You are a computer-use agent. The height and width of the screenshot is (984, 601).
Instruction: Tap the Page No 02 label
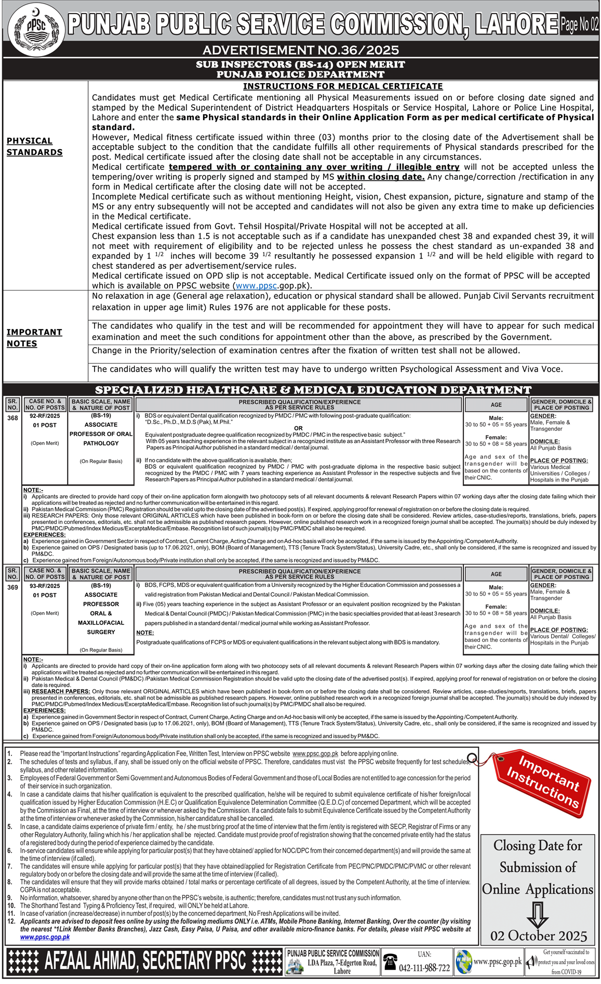[579, 24]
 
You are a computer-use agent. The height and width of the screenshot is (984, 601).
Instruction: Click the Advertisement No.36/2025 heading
[300, 50]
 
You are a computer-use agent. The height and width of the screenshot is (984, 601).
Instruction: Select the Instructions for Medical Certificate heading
[343, 86]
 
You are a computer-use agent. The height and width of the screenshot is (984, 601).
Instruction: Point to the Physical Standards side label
[34, 147]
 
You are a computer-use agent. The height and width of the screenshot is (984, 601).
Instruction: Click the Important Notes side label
[34, 338]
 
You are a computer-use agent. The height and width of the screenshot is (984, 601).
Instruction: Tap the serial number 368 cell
[12, 418]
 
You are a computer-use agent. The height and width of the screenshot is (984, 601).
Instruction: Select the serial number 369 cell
[12, 587]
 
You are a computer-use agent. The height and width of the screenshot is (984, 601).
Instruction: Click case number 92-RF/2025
[45, 416]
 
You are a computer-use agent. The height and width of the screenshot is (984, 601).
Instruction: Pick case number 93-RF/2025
[45, 586]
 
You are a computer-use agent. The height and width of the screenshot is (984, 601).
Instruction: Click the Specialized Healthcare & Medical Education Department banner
[313, 390]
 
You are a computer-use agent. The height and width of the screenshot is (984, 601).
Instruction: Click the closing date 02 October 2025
[539, 936]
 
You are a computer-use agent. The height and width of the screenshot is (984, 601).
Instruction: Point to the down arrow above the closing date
[538, 914]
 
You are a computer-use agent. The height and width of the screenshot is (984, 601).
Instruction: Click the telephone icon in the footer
[390, 962]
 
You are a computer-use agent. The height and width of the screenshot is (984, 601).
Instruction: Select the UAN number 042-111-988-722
[424, 968]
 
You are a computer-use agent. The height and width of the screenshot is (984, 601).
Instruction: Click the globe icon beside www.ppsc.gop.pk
[463, 962]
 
